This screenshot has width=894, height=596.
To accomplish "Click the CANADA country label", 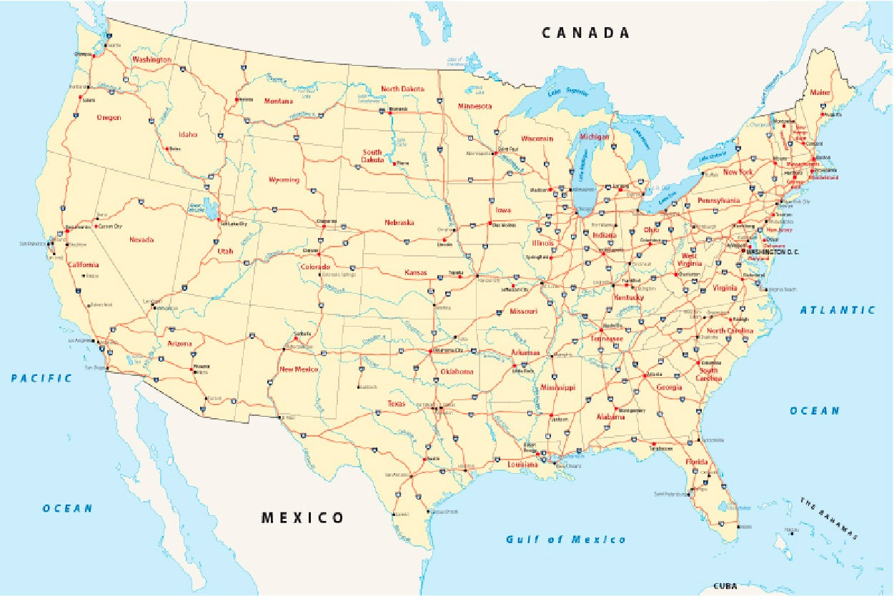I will tap(585, 33).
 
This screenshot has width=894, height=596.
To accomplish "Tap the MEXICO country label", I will tap(302, 517).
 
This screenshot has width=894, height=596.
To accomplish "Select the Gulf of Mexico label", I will tap(565, 540).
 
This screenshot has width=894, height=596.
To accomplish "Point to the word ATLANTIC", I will tap(837, 310).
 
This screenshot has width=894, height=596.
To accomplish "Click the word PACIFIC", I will tap(41, 378).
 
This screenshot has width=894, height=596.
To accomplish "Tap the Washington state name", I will tap(151, 60).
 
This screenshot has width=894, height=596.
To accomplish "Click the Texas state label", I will tap(396, 404).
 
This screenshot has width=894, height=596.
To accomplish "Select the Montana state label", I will tap(278, 101).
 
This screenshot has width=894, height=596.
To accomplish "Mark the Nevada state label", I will tap(141, 239).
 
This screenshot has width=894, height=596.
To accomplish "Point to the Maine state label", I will tap(820, 92).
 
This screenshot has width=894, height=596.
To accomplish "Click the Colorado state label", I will tap(315, 267).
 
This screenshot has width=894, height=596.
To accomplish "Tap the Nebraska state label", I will tap(399, 222).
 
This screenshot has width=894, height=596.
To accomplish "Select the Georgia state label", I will tap(669, 387).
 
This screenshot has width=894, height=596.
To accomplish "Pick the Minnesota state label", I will tap(475, 106).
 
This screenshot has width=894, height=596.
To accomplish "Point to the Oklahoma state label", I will tap(457, 372).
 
